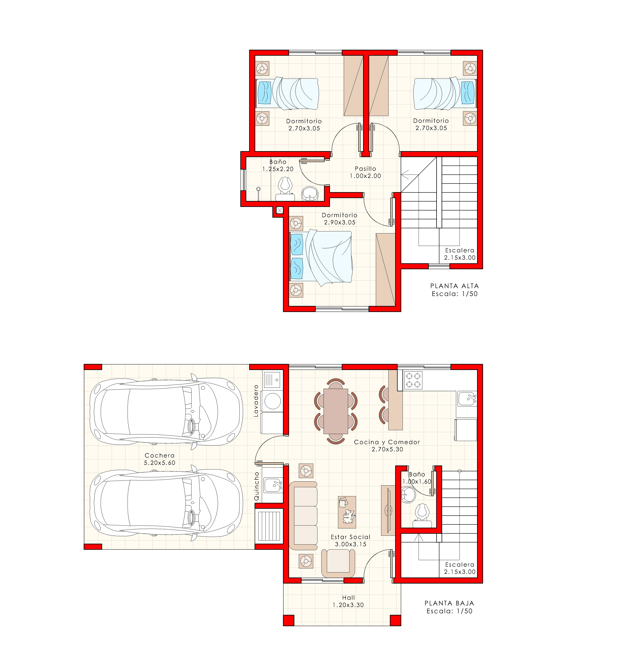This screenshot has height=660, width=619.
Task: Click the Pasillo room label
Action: (x=365, y=169)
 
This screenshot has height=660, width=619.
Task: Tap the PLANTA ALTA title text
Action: (x=454, y=286)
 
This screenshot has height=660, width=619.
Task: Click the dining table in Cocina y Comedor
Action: (x=336, y=411)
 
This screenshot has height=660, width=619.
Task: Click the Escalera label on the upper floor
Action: (x=460, y=250)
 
